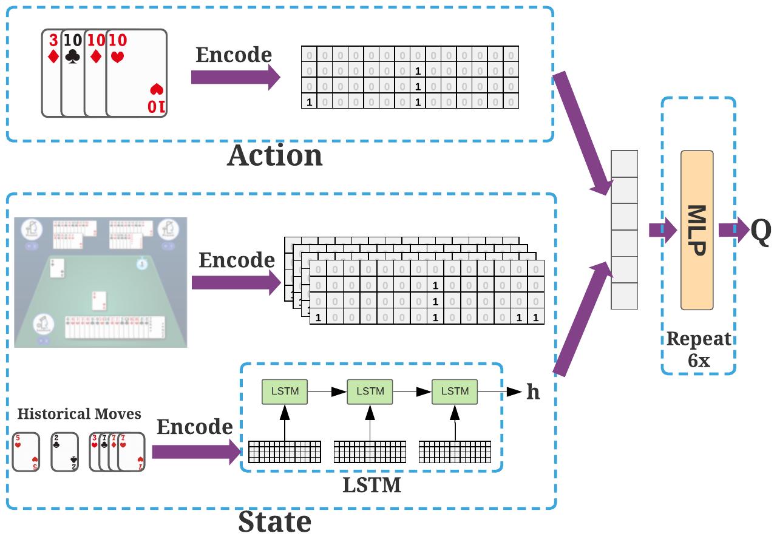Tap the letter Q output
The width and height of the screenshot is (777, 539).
[761, 231]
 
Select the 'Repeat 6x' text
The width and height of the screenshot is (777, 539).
[699, 350]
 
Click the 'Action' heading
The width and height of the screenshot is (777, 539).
[275, 156]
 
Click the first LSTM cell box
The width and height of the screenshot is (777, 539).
[285, 392]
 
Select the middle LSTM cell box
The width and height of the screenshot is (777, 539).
[370, 392]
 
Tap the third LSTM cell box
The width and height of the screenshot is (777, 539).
[455, 392]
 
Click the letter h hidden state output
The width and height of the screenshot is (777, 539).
[532, 392]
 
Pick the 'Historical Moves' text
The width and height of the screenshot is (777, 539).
[79, 414]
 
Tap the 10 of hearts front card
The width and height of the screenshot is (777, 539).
[137, 73]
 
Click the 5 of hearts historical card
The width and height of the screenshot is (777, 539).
[25, 452]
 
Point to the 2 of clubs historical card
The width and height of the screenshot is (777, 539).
[65, 452]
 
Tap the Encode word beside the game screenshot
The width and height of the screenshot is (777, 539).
[237, 260]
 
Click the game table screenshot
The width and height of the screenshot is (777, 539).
[100, 282]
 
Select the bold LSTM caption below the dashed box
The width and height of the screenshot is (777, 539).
[372, 485]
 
